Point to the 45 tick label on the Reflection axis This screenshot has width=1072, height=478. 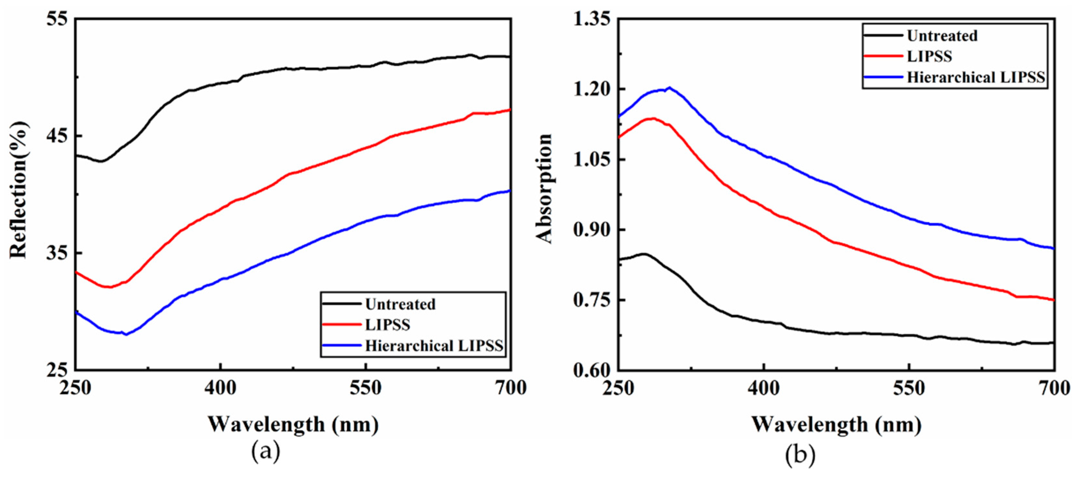[x=57, y=136]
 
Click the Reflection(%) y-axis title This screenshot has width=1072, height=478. [x=19, y=190]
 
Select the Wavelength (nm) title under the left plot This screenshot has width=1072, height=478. [x=293, y=424]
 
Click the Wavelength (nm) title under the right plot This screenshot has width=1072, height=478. [x=836, y=424]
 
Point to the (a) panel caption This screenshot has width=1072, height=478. [x=266, y=452]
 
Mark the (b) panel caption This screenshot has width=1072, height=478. [x=800, y=455]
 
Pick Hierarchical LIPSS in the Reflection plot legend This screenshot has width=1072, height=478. [x=434, y=346]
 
